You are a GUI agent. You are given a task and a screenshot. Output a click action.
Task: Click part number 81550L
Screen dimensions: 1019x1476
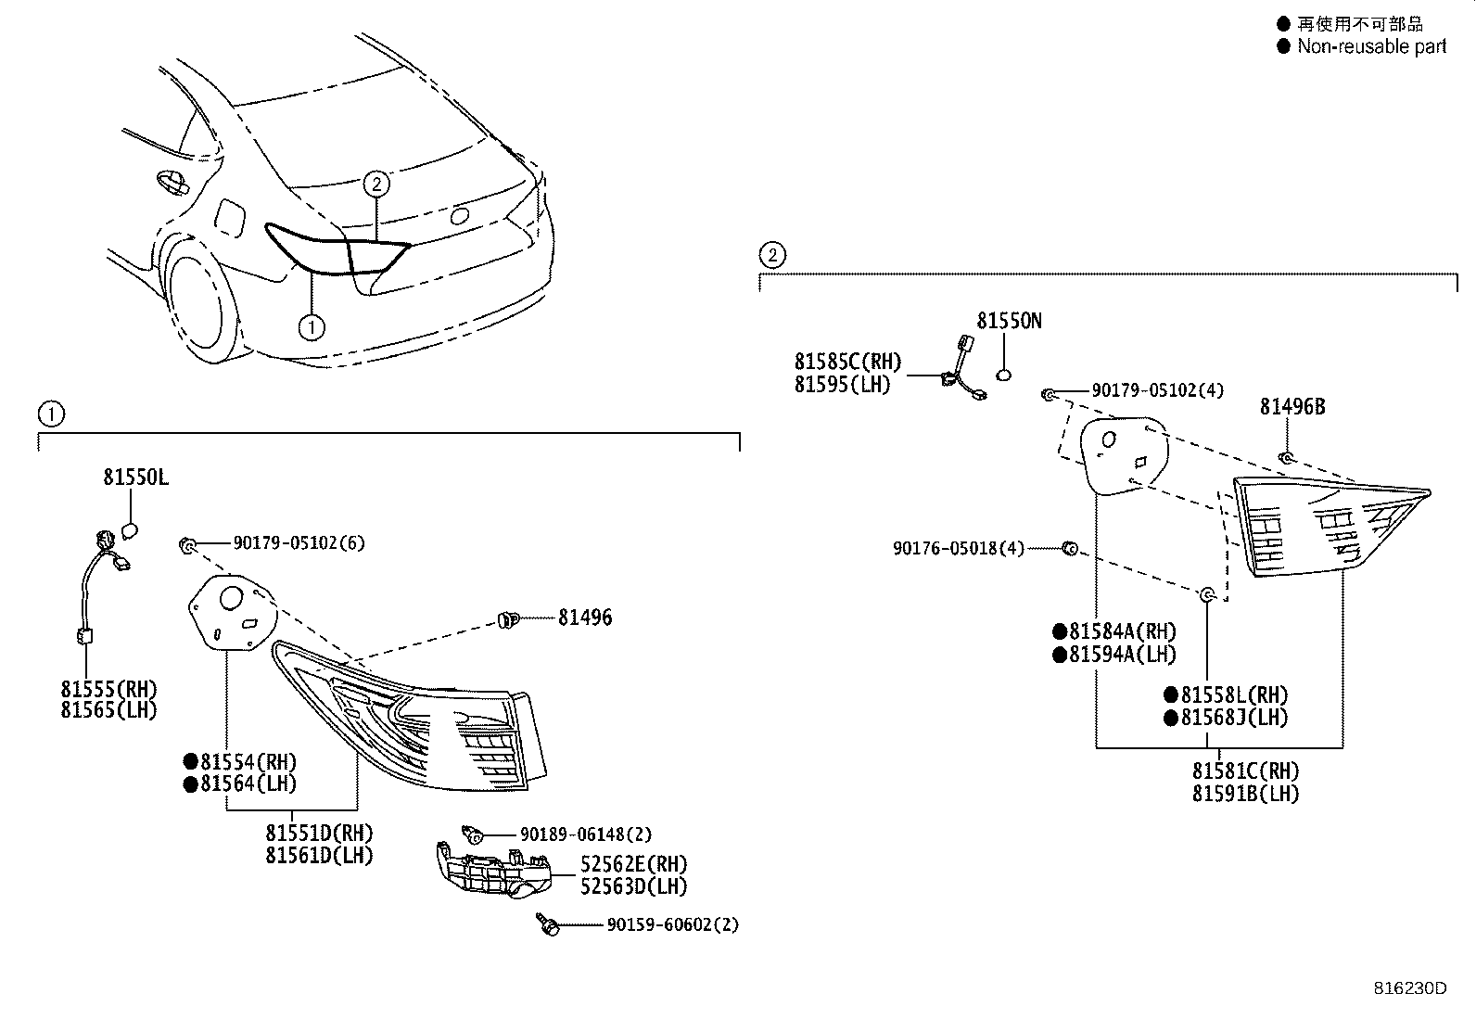135,478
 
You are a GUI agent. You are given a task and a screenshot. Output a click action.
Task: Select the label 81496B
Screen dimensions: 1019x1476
1291,406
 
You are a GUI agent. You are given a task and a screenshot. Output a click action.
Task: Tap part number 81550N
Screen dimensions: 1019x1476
1009,321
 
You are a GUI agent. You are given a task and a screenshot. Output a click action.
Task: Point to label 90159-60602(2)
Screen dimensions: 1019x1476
673,924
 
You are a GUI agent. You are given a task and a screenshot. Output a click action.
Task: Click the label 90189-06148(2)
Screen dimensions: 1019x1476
585,834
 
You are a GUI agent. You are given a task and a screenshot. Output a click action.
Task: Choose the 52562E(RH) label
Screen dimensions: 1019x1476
634,864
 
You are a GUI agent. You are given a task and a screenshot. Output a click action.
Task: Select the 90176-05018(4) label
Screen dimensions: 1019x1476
959,549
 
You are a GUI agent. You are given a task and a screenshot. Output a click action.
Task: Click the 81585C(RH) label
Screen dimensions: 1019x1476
847,362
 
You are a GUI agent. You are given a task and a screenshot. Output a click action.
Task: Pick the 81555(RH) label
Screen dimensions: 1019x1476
109,688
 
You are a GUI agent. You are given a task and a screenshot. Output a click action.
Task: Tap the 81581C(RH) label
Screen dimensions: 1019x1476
1245,771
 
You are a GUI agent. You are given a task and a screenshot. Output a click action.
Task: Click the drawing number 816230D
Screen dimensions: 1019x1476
1409,987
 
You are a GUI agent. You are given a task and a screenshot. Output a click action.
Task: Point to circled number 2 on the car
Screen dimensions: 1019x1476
375,185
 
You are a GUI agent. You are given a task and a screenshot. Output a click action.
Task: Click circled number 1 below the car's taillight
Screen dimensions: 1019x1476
312,326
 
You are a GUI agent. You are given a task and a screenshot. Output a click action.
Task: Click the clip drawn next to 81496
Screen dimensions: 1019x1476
508,618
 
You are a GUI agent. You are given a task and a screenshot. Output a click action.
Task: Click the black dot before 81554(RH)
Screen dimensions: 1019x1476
191,762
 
